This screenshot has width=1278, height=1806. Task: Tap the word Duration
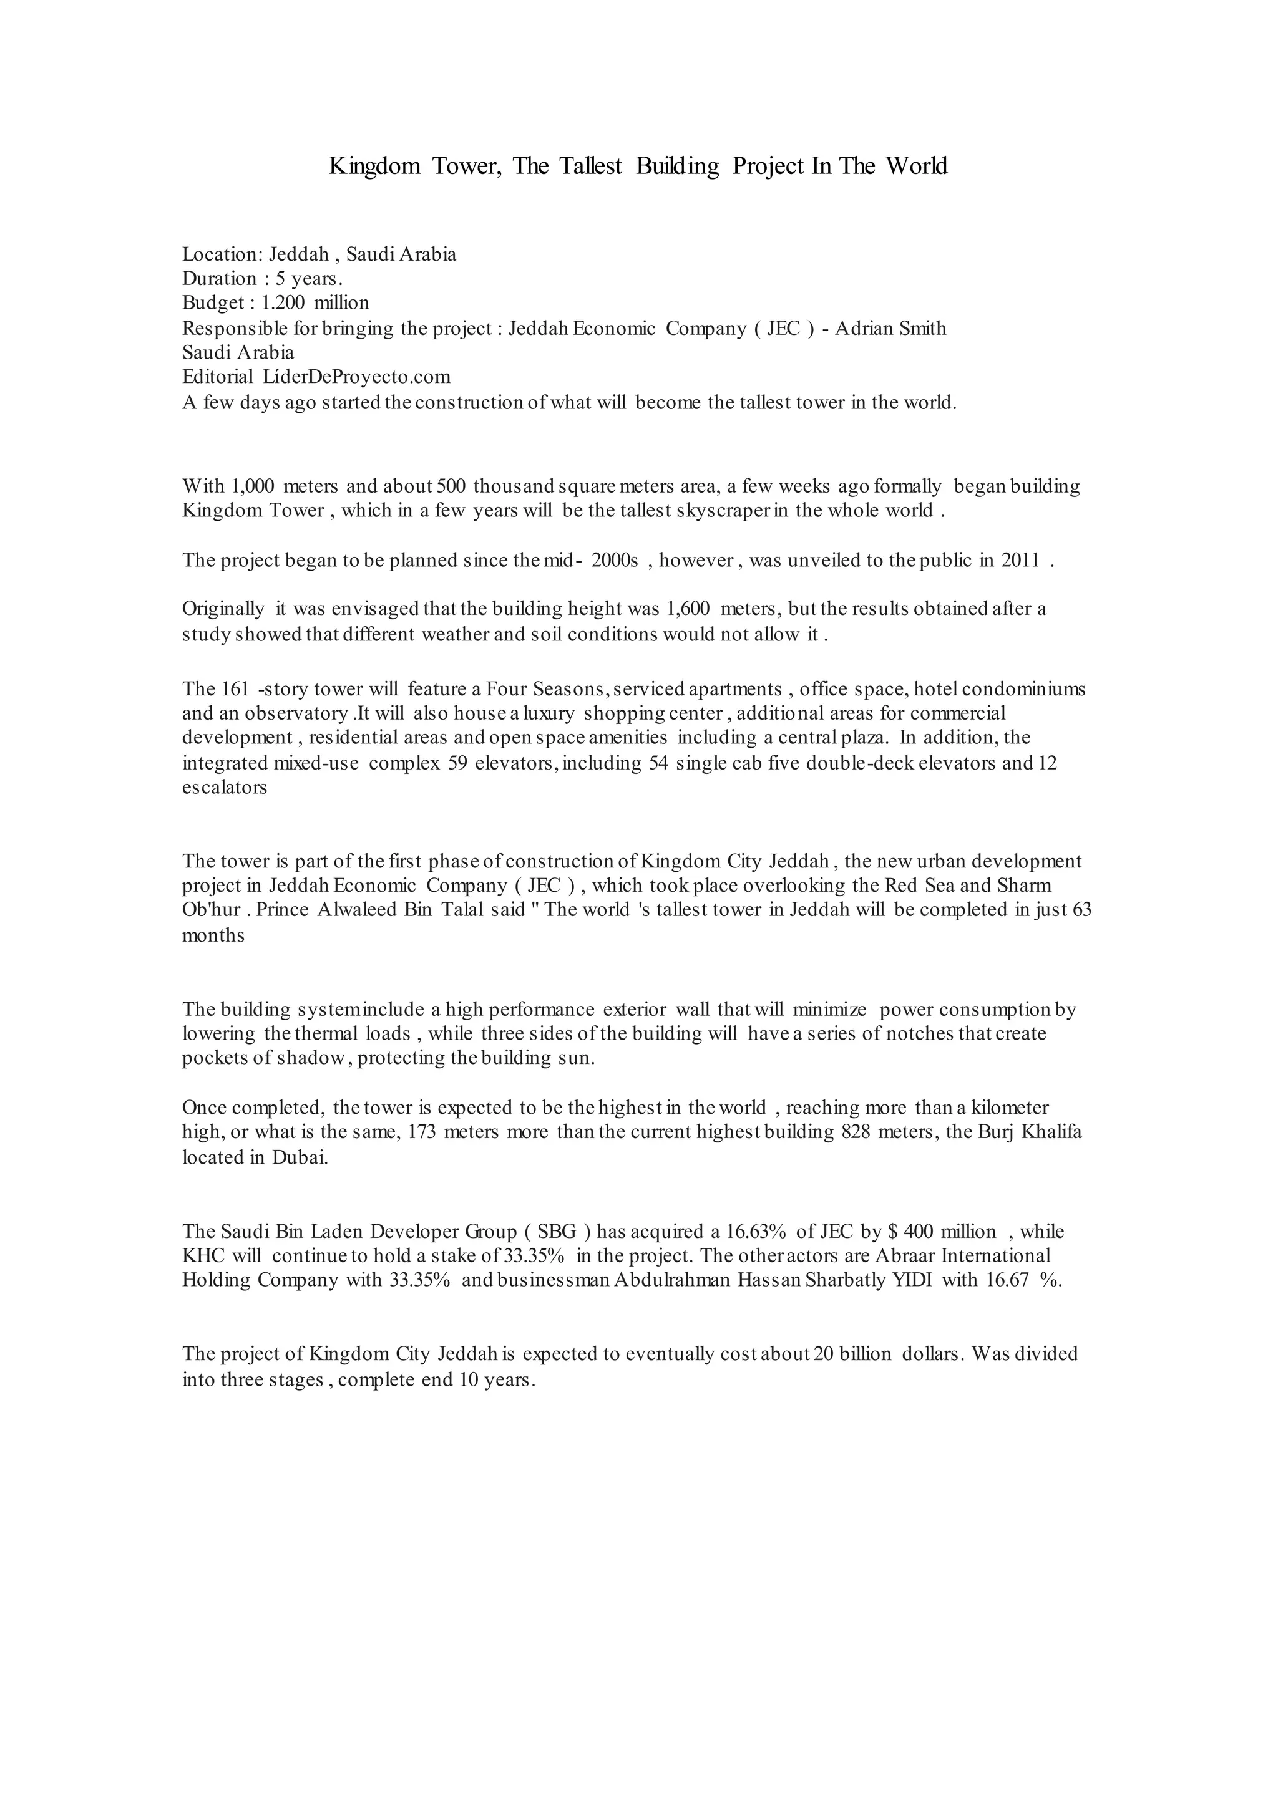click(220, 279)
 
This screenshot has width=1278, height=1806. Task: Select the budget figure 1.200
click(283, 303)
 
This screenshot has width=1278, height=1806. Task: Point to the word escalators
click(224, 788)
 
